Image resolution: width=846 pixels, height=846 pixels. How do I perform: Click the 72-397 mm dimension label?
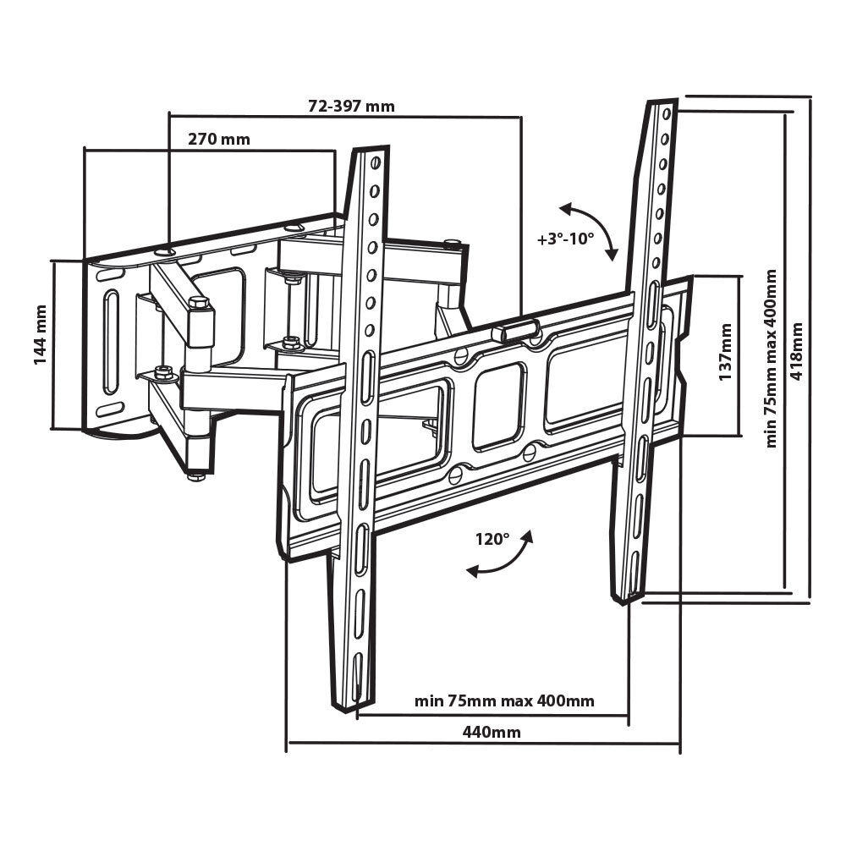point(351,107)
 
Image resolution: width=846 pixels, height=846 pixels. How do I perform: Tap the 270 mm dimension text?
point(218,140)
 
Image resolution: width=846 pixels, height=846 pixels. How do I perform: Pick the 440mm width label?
point(491,732)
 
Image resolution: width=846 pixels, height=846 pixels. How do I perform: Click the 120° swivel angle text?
point(493,539)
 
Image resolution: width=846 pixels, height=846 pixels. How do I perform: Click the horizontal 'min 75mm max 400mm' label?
point(504,701)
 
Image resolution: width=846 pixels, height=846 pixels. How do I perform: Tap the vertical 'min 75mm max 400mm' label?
point(771,359)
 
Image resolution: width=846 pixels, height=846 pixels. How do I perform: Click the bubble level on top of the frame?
point(518,329)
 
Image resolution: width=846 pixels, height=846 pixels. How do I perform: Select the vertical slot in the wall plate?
point(111,342)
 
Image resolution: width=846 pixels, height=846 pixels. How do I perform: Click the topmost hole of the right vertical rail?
point(667,112)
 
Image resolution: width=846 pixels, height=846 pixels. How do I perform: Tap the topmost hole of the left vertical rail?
point(374,161)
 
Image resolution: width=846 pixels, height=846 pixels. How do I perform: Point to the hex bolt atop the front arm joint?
point(199,302)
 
